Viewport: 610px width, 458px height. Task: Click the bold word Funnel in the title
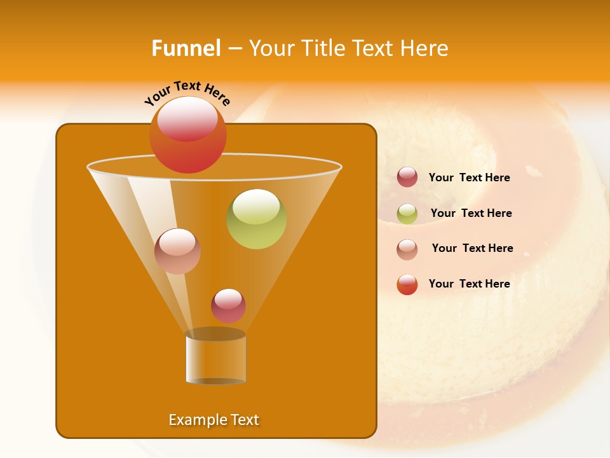(x=186, y=48)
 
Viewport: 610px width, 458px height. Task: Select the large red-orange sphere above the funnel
(x=188, y=135)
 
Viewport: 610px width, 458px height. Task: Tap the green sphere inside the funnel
(x=257, y=219)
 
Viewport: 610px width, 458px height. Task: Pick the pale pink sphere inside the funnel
(x=177, y=251)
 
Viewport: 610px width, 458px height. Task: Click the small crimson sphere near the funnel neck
(x=228, y=306)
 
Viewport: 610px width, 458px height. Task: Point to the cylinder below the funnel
(x=215, y=360)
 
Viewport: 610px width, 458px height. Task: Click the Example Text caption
(x=213, y=420)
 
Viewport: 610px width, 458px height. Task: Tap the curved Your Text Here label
(x=187, y=93)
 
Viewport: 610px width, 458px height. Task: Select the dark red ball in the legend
(x=407, y=177)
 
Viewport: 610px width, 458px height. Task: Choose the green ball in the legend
(x=407, y=214)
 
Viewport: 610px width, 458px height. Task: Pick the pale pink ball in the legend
(x=407, y=249)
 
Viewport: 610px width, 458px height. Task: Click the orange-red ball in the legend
(x=407, y=284)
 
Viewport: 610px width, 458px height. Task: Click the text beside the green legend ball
(x=471, y=213)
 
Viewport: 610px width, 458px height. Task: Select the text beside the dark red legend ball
(x=469, y=177)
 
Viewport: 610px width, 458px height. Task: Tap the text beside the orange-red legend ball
(x=469, y=284)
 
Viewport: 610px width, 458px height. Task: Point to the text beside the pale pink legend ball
(x=472, y=248)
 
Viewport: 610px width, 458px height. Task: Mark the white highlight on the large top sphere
(x=187, y=118)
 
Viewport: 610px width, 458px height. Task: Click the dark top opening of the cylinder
(x=215, y=334)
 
